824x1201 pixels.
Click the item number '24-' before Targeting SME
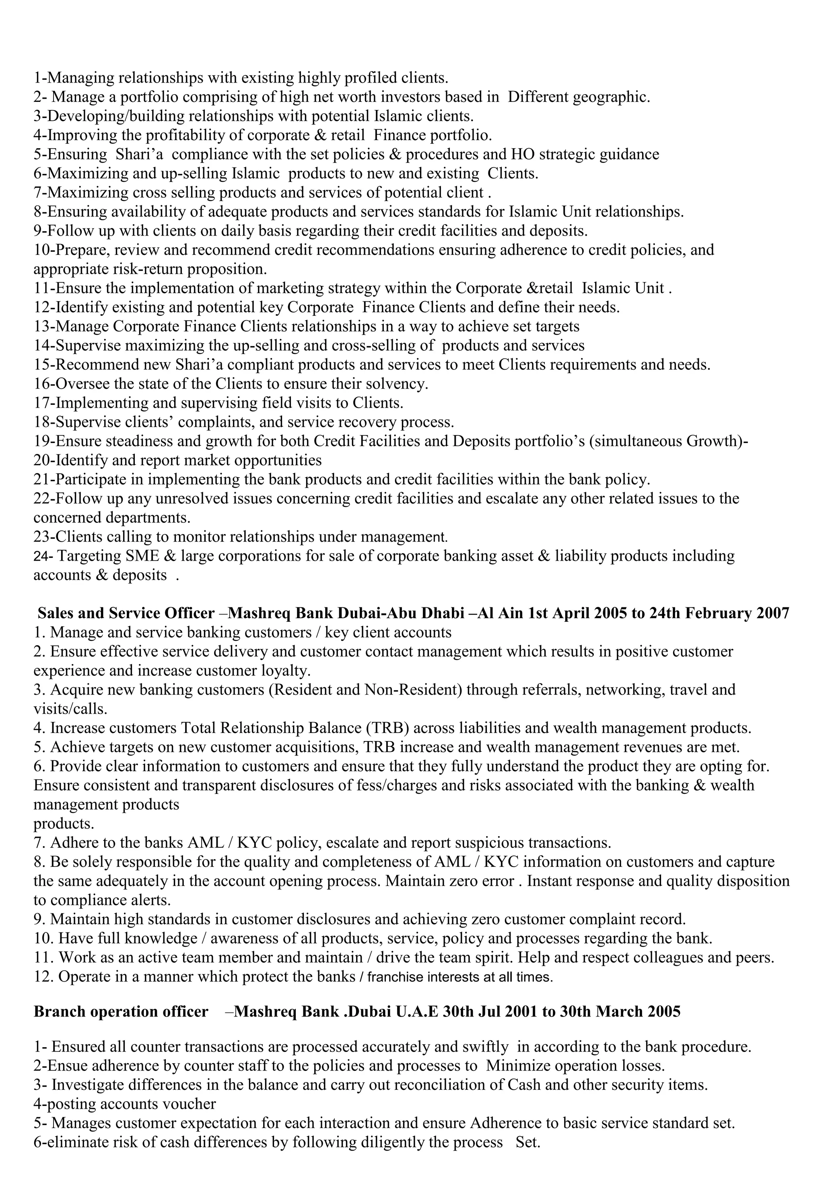tap(42, 557)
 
